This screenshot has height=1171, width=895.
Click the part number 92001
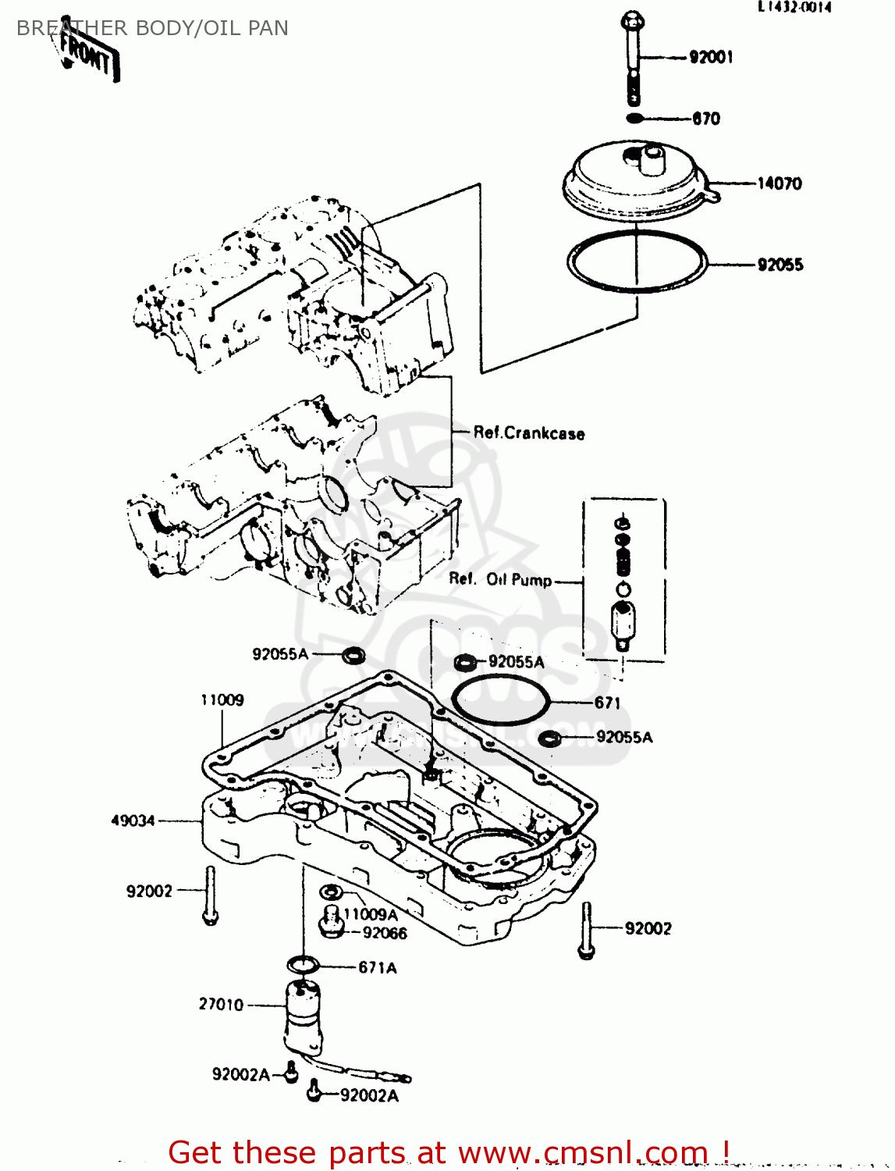tap(711, 57)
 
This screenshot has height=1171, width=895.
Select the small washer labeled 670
tap(635, 119)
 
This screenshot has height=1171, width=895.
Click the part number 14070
tap(779, 183)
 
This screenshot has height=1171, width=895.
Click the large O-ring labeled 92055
tap(636, 262)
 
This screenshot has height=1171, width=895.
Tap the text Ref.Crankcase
tap(529, 433)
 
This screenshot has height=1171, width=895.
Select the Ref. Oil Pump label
tap(500, 579)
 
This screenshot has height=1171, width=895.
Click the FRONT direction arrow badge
tap(89, 54)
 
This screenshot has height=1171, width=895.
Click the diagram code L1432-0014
tap(794, 7)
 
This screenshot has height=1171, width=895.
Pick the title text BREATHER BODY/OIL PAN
tap(152, 28)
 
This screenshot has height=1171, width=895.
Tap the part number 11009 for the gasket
tap(222, 700)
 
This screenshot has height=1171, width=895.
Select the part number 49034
tap(133, 820)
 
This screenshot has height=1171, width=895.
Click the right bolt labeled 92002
tap(587, 930)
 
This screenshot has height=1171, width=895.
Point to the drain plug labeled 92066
tap(331, 924)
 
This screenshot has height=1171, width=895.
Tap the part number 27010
tap(221, 1005)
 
